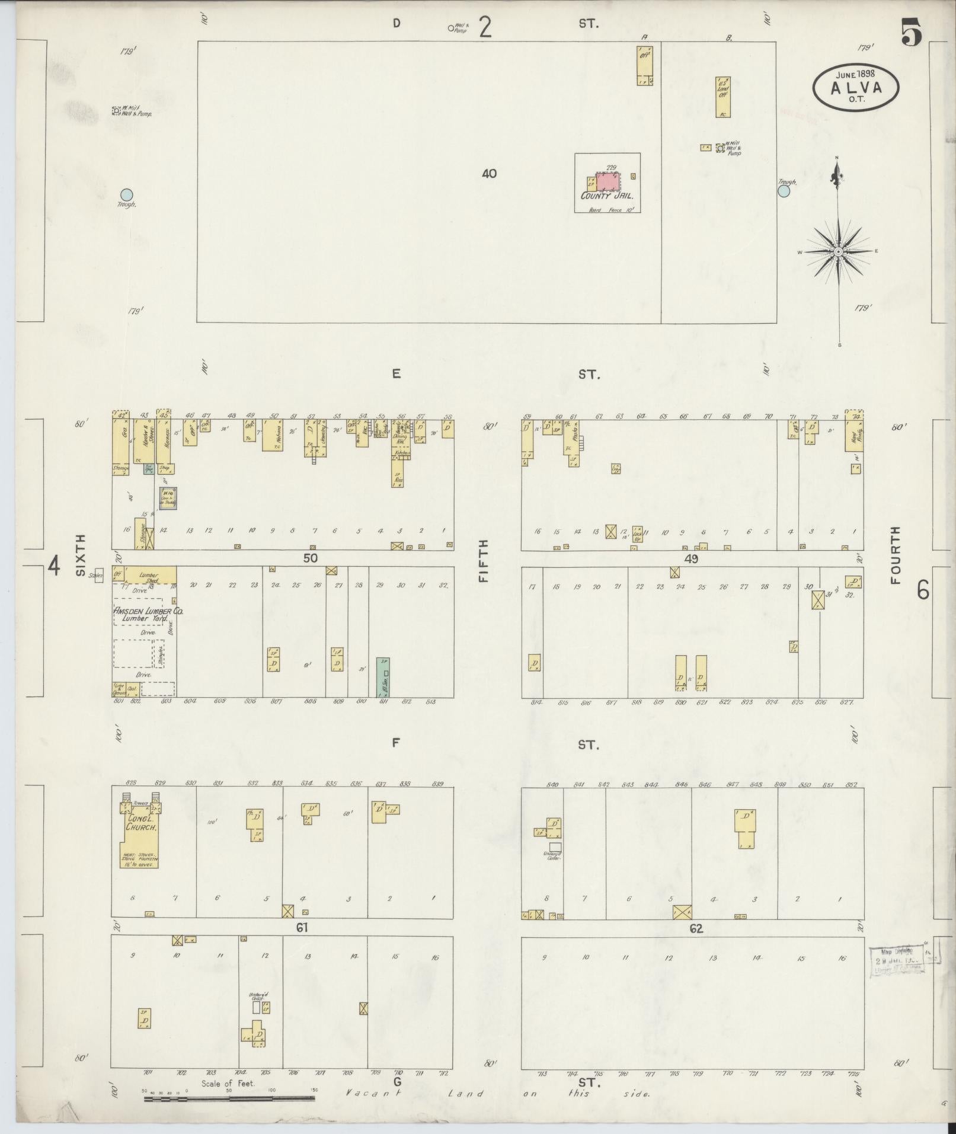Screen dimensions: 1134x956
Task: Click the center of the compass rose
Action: [x=838, y=253]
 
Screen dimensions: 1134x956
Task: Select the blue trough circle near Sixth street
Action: [x=126, y=194]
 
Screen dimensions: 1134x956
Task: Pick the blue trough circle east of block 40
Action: [x=784, y=191]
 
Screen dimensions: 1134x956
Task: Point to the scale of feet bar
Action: [x=229, y=1098]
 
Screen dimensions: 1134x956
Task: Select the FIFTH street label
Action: [x=484, y=560]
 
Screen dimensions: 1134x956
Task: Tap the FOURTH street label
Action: [x=894, y=556]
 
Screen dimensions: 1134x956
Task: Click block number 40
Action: [x=489, y=174]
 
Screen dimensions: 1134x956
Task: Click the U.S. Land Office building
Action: [x=722, y=97]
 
